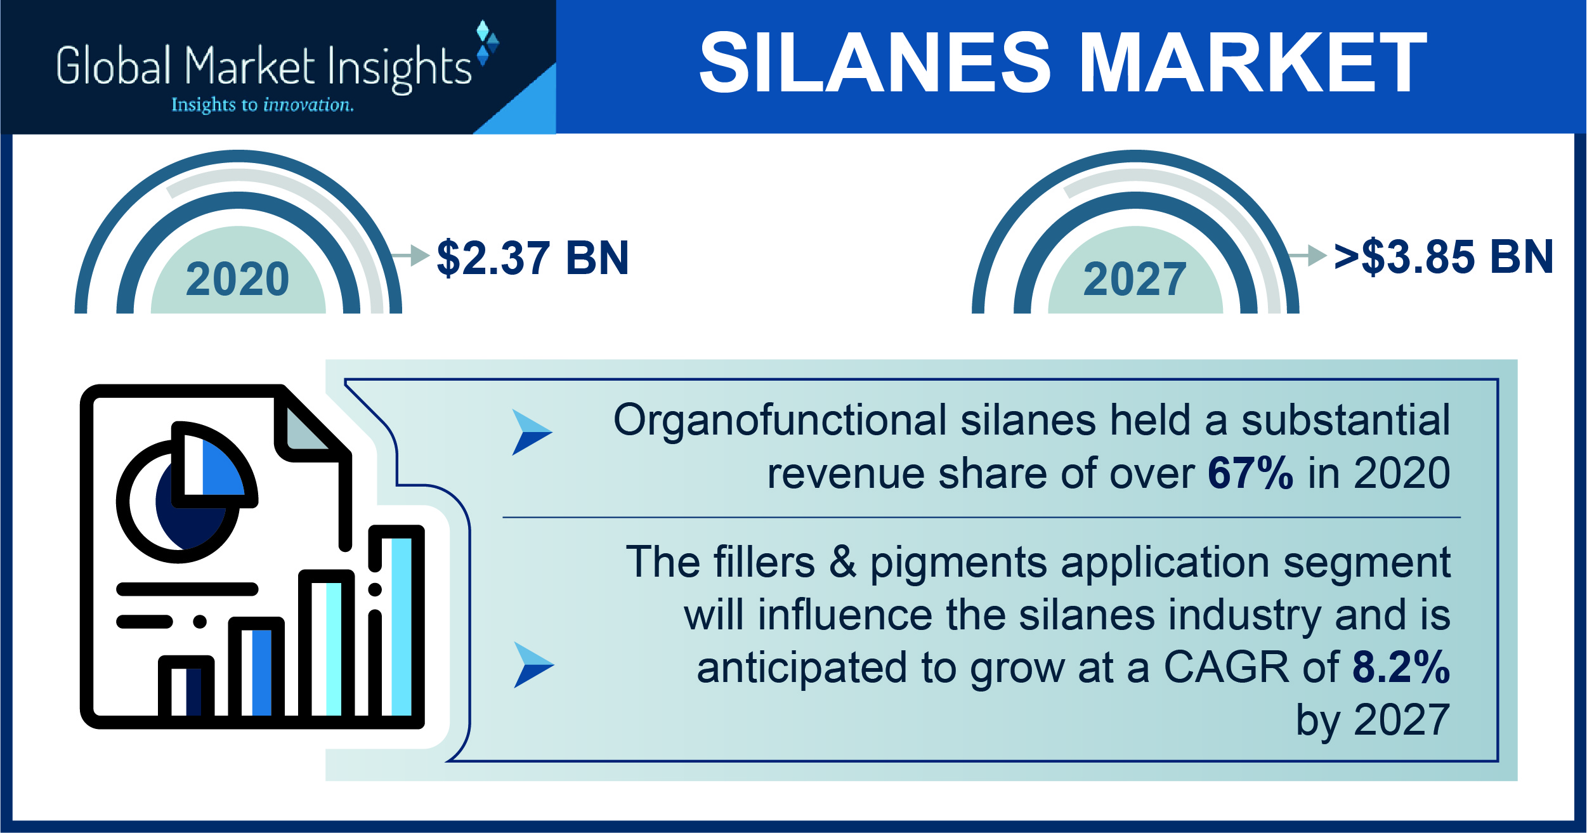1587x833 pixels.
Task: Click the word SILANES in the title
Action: tap(875, 62)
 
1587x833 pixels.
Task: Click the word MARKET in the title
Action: tap(1253, 62)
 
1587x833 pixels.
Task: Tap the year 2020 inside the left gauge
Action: tap(238, 279)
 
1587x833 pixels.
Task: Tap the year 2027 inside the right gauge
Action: tap(1135, 279)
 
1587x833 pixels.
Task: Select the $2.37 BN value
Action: tap(533, 258)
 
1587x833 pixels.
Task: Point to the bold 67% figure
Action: tap(1250, 473)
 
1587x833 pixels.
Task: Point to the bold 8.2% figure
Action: tap(1401, 667)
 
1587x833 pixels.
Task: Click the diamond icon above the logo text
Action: tap(487, 43)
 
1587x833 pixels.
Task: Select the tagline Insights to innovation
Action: tap(263, 104)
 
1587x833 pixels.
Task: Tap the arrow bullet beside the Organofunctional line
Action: tap(532, 432)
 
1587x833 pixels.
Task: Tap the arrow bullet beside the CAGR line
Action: tap(533, 665)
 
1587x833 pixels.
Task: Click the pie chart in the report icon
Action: tap(186, 492)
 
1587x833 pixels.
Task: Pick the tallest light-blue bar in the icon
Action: tap(402, 627)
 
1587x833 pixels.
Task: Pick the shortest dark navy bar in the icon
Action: tap(193, 692)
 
